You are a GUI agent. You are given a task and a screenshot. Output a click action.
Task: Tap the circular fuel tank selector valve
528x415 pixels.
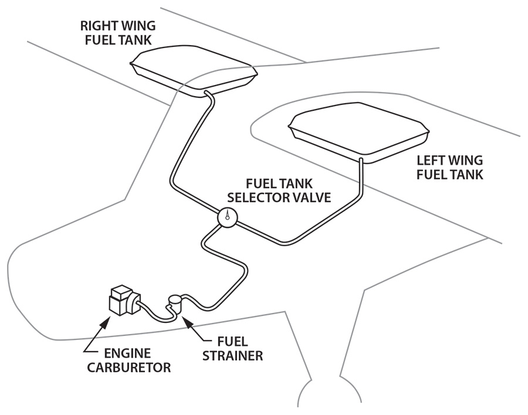(226, 217)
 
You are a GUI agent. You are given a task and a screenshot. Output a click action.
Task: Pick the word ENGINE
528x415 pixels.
(127, 354)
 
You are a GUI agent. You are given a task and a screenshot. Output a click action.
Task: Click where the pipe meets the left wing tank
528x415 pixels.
(362, 159)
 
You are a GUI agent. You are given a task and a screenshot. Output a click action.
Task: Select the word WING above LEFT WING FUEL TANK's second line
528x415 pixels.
(467, 160)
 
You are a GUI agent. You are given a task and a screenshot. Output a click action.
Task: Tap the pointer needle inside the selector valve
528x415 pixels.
(226, 215)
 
